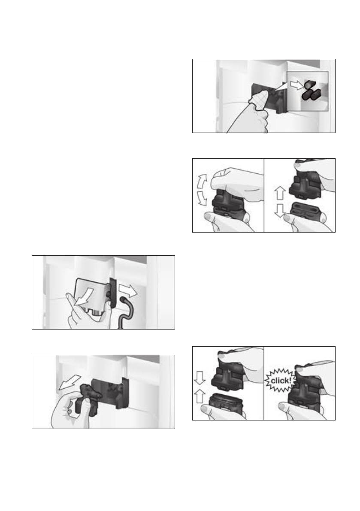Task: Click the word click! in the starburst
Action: (281, 381)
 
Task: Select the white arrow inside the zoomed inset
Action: (297, 85)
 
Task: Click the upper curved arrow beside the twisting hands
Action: (202, 181)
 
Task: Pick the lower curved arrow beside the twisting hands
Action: (202, 199)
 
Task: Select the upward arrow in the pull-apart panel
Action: (280, 193)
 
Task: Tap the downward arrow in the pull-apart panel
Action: (280, 211)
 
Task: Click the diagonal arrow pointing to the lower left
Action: (70, 382)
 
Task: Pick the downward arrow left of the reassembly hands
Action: (200, 378)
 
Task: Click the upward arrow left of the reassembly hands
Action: (200, 396)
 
